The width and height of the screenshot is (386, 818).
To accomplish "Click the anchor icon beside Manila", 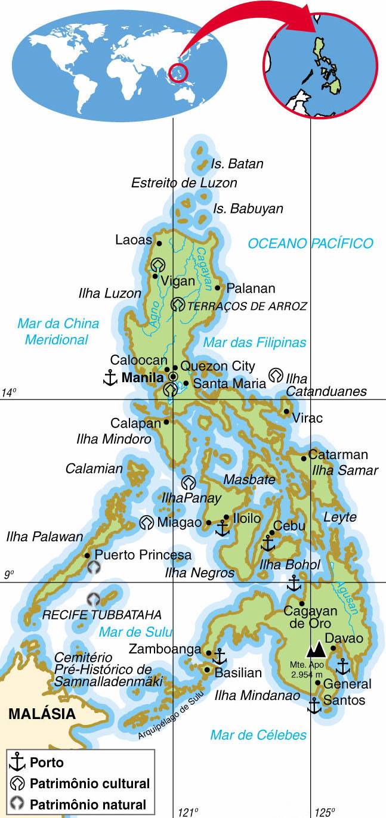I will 109,377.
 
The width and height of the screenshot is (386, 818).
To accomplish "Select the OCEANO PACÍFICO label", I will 310,243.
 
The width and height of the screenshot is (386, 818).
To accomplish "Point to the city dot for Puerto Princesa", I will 88,555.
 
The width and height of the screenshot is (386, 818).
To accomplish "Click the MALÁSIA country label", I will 42,714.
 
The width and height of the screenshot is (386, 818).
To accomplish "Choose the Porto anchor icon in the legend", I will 17,762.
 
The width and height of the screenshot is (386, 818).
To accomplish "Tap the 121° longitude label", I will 187,811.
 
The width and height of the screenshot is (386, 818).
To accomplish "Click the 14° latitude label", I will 8,392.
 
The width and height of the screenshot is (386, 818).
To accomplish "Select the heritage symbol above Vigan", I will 158,264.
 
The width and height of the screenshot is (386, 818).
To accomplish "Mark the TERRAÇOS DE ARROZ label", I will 247,306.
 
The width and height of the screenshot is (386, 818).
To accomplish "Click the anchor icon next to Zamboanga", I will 220,656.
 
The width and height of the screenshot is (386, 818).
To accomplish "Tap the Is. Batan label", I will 237,164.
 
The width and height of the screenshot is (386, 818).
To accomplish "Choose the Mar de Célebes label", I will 258,735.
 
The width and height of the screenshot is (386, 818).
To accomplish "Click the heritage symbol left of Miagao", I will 146,523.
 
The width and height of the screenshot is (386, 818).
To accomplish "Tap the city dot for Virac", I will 287,411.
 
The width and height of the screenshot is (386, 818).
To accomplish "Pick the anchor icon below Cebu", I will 268,543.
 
